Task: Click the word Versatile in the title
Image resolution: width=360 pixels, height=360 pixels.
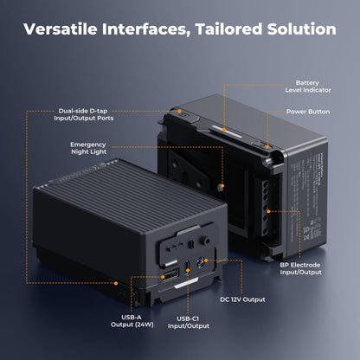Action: (62, 29)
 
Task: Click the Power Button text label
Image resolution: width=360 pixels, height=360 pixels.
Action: (308, 112)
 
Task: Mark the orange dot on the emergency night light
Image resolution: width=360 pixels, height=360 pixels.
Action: (222, 185)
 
